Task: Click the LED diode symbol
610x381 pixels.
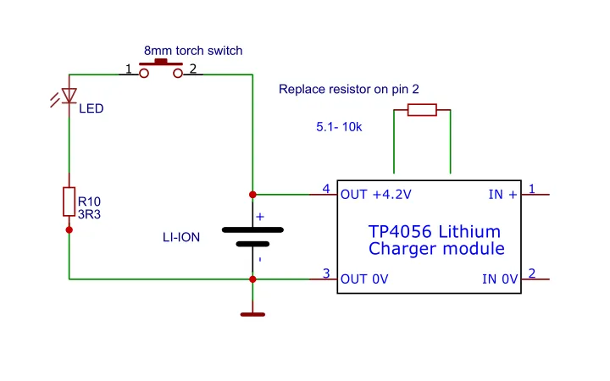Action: pyautogui.click(x=69, y=95)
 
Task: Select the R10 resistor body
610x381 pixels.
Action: pyautogui.click(x=69, y=202)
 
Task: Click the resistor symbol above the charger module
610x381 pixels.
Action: pyautogui.click(x=422, y=109)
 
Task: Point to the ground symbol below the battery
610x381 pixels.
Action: pyautogui.click(x=252, y=313)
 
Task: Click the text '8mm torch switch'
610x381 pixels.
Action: pyautogui.click(x=193, y=51)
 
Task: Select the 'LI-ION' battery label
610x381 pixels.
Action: pyautogui.click(x=181, y=238)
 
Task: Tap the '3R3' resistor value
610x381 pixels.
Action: pyautogui.click(x=89, y=214)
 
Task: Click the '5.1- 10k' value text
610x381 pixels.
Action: pyautogui.click(x=339, y=127)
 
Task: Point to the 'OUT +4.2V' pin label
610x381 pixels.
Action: pyautogui.click(x=375, y=195)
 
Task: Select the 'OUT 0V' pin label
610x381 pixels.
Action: pyautogui.click(x=364, y=279)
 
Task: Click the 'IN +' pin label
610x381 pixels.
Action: pyautogui.click(x=502, y=195)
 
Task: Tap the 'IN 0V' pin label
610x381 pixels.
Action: pyautogui.click(x=499, y=279)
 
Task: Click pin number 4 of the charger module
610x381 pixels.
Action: pyautogui.click(x=326, y=188)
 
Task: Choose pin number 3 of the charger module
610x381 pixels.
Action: pyautogui.click(x=326, y=273)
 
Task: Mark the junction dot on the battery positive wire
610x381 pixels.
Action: pyautogui.click(x=252, y=194)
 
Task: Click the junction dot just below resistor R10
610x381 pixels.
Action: pyautogui.click(x=69, y=229)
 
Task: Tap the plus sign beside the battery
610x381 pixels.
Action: pyautogui.click(x=260, y=217)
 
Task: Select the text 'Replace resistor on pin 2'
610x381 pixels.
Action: pyautogui.click(x=349, y=89)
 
